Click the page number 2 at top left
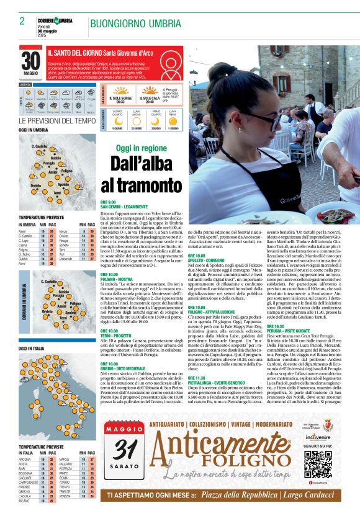22,21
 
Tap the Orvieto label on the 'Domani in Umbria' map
47,311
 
